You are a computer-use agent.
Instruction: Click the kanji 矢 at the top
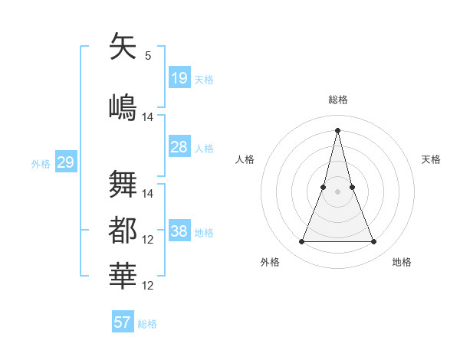pyautogui.click(x=123, y=47)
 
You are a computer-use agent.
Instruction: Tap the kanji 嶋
pyautogui.click(x=123, y=105)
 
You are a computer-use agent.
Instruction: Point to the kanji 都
pyautogui.click(x=123, y=230)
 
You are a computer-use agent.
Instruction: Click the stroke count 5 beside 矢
pyautogui.click(x=148, y=56)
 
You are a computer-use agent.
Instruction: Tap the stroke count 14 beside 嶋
pyautogui.click(x=148, y=117)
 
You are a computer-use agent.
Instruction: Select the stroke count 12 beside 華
pyautogui.click(x=148, y=286)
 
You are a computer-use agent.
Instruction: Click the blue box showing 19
pyautogui.click(x=179, y=77)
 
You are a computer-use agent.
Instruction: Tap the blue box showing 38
pyautogui.click(x=179, y=231)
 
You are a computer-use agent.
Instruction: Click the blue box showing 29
pyautogui.click(x=65, y=162)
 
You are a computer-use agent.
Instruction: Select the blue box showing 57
pyautogui.click(x=123, y=322)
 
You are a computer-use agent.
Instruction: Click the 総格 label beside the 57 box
pyautogui.click(x=147, y=324)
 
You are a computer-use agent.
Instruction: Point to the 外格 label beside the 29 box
pyautogui.click(x=41, y=164)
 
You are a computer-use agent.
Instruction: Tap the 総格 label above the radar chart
pyautogui.click(x=338, y=100)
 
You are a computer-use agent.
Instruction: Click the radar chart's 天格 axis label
pyautogui.click(x=432, y=159)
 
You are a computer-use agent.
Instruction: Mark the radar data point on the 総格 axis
pyautogui.click(x=337, y=129)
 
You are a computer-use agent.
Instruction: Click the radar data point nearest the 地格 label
pyautogui.click(x=374, y=242)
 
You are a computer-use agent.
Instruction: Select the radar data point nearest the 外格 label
pyautogui.click(x=301, y=242)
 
